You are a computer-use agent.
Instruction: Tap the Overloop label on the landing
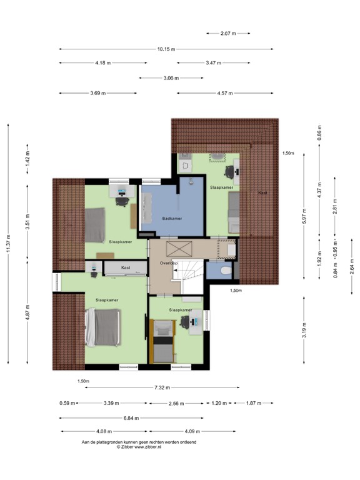169,263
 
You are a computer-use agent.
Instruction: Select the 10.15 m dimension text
166,49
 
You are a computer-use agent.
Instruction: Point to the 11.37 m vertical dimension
9,242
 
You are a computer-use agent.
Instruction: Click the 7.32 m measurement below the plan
162,387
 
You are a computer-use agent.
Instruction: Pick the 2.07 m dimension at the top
229,33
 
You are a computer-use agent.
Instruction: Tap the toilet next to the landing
226,269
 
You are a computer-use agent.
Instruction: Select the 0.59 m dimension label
67,403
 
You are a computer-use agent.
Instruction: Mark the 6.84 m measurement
131,418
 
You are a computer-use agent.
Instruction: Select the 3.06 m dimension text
171,78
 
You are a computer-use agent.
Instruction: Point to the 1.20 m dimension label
219,403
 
